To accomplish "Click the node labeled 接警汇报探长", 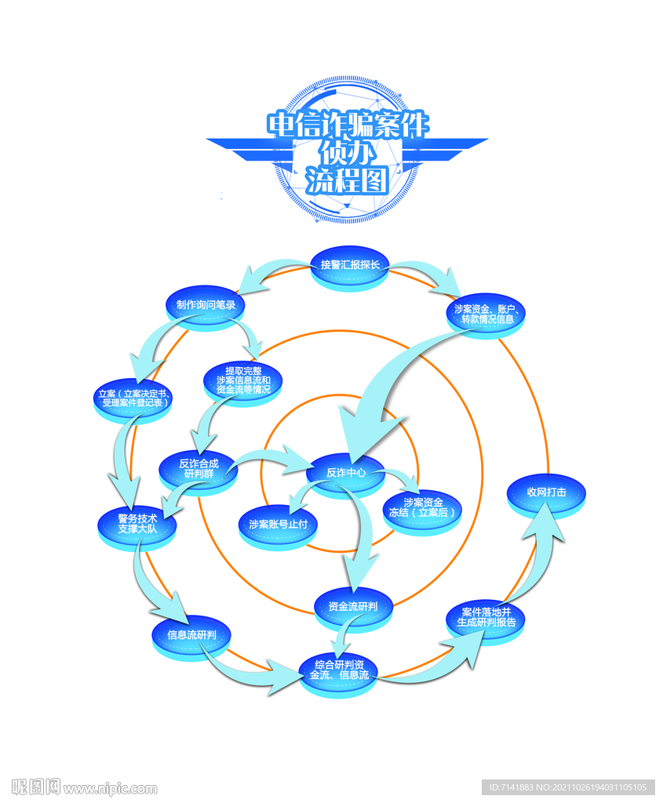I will click(x=350, y=265).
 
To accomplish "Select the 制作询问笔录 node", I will click(x=206, y=304).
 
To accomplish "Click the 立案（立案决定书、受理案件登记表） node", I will click(x=133, y=398).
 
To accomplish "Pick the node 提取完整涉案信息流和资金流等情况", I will click(x=243, y=380).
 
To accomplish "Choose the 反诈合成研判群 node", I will click(x=198, y=469).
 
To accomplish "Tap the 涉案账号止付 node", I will click(x=278, y=524).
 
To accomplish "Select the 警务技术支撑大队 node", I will click(x=137, y=524).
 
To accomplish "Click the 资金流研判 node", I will click(x=353, y=605).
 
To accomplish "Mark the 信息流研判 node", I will click(x=192, y=634).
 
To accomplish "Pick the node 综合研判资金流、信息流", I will click(x=339, y=670).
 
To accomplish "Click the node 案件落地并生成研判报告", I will click(x=486, y=617).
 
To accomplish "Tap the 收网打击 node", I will click(x=547, y=492).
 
